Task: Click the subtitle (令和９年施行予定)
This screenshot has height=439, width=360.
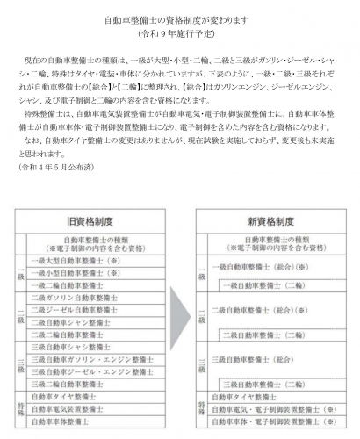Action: pyautogui.click(x=179, y=33)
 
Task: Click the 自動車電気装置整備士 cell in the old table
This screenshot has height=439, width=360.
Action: pyautogui.click(x=69, y=408)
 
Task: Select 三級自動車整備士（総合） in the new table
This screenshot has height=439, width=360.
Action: pyautogui.click(x=263, y=359)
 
